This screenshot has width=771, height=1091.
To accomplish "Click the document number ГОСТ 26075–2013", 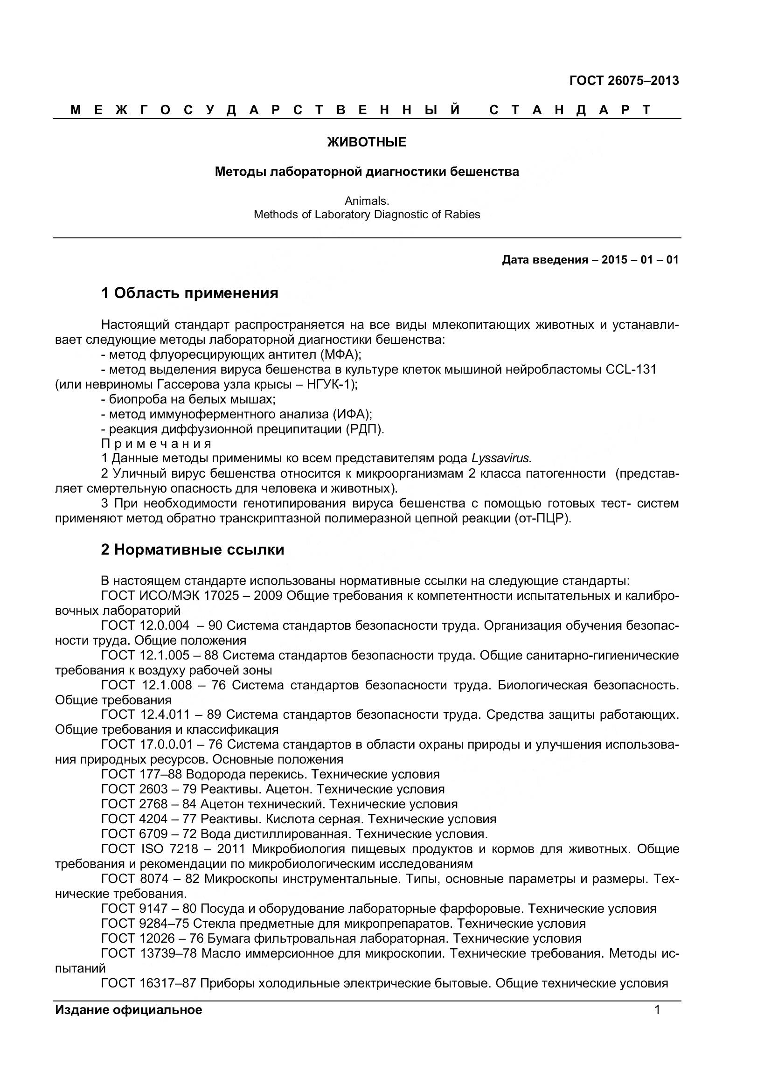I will coord(624,81).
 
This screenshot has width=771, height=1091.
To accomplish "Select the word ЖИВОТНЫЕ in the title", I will coord(367,142).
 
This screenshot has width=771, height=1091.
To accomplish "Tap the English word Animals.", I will coord(367,201).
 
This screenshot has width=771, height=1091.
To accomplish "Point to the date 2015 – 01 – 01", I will coord(640,260).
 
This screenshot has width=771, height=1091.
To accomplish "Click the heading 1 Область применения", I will coord(189,293).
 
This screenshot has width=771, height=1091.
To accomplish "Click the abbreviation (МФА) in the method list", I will coord(340,354).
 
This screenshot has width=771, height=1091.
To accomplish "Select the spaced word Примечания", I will coord(156,444).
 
